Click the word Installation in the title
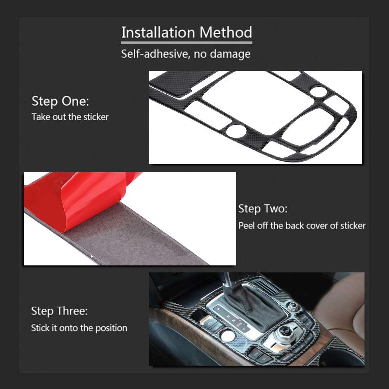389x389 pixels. pyautogui.click(x=158, y=32)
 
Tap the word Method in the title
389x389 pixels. pyautogui.click(x=226, y=32)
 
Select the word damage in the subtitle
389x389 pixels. pyautogui.click(x=230, y=54)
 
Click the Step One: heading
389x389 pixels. pyautogui.click(x=60, y=101)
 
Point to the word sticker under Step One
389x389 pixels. pyautogui.click(x=96, y=117)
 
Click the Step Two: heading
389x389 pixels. pyautogui.click(x=263, y=209)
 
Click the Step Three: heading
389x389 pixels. pyautogui.click(x=59, y=311)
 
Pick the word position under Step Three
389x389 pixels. pyautogui.click(x=111, y=328)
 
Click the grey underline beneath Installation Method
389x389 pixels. pyautogui.click(x=187, y=43)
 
